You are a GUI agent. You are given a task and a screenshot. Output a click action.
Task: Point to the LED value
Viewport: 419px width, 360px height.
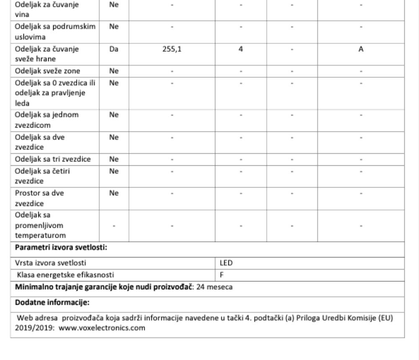(226, 263)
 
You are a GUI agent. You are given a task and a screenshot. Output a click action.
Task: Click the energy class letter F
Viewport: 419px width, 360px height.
(222, 275)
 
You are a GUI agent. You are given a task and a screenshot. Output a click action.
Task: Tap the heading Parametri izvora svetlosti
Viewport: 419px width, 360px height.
(61, 248)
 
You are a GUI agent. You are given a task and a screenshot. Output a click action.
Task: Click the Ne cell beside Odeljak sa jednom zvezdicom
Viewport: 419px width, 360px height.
(114, 115)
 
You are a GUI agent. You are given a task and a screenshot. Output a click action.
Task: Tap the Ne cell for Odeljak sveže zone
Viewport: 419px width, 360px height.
(114, 71)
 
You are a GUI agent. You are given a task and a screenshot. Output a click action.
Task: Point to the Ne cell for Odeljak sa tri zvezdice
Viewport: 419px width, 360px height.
(114, 159)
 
